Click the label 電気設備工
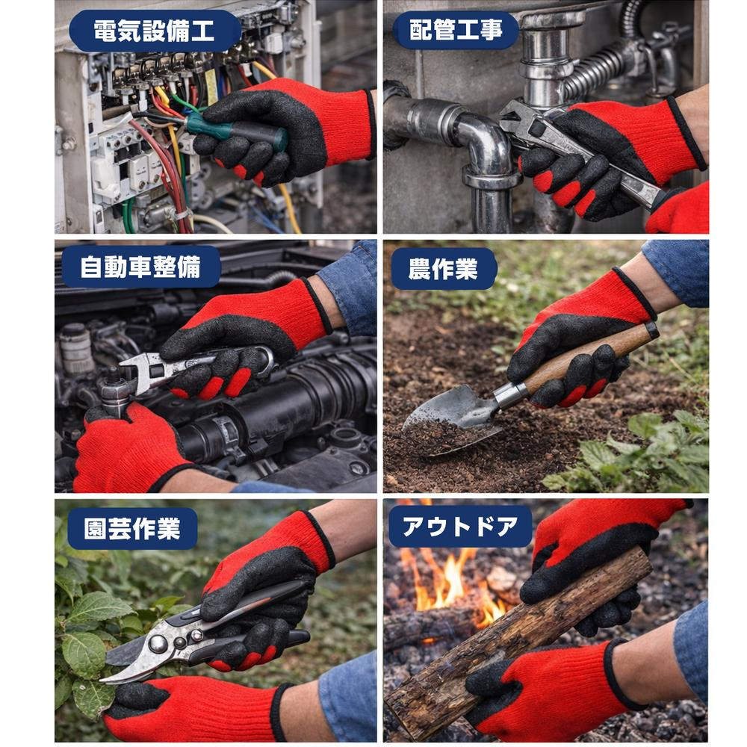pos(155,31)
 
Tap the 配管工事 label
pos(455,31)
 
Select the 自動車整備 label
pos(140,267)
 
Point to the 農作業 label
pos(444,269)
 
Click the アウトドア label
pos(459,527)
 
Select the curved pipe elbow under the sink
pos(489,146)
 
